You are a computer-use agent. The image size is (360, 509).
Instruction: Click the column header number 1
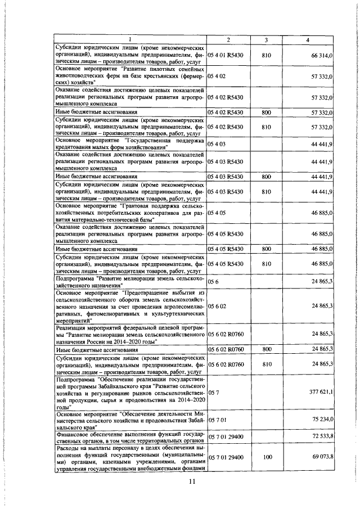(x=130, y=39)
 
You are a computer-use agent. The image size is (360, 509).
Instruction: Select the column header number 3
(x=267, y=39)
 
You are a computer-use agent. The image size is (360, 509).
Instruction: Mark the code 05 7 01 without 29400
(x=217, y=419)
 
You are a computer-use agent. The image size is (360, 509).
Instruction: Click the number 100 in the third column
(x=267, y=461)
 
